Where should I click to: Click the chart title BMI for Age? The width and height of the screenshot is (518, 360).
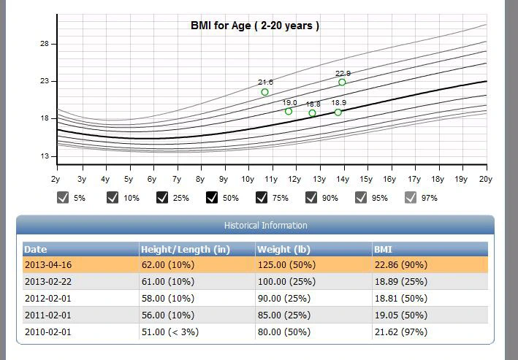click(x=254, y=26)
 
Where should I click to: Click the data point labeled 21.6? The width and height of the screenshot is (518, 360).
click(x=264, y=92)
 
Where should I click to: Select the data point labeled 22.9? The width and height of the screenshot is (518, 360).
click(x=342, y=83)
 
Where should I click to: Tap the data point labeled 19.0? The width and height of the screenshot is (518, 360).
click(x=289, y=112)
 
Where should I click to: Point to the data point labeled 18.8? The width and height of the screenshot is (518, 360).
click(x=313, y=113)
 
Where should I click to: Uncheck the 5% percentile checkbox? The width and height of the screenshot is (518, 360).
click(x=63, y=197)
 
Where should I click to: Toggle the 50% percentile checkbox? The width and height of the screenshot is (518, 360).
click(x=212, y=197)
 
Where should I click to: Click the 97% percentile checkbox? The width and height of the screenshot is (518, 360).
click(x=411, y=197)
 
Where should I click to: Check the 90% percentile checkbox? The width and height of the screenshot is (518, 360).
click(x=311, y=197)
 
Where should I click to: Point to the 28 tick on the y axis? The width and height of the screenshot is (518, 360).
click(x=45, y=44)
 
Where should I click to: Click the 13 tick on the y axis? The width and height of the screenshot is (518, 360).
click(x=45, y=156)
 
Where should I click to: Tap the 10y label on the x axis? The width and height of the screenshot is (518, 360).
click(x=248, y=179)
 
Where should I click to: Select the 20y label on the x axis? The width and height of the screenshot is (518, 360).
click(x=484, y=179)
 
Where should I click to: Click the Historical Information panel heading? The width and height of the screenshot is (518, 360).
click(x=255, y=226)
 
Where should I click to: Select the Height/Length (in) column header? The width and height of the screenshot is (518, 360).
click(x=186, y=249)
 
